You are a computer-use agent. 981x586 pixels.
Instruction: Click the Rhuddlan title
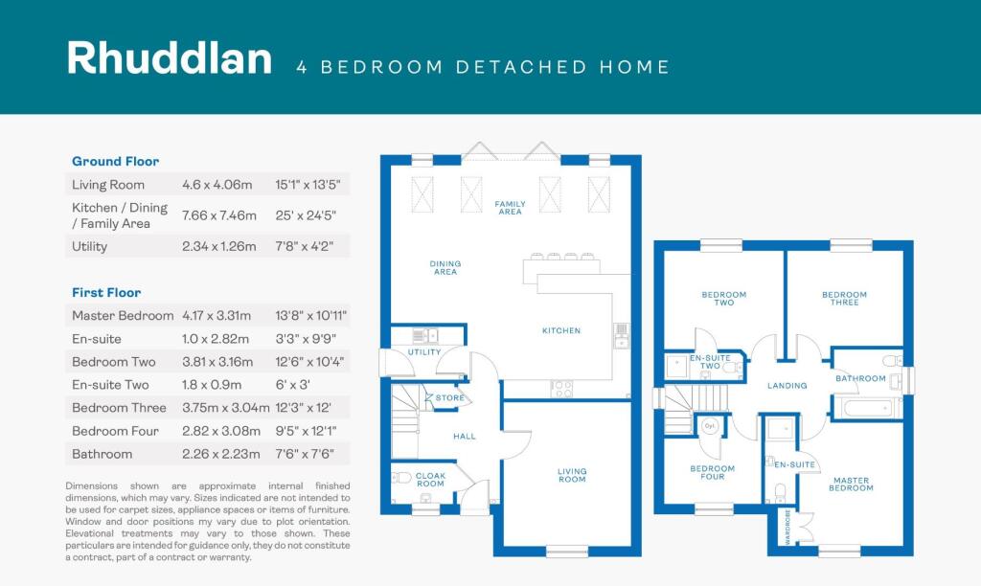tap(169, 59)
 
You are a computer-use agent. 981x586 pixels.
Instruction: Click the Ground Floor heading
tap(116, 162)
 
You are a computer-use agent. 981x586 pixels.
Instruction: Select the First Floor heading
tap(106, 293)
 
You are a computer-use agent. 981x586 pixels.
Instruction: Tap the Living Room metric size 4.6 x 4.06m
tap(217, 185)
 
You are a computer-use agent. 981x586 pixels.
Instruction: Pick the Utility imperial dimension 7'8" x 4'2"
tap(299, 246)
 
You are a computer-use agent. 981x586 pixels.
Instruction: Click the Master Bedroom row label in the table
tap(123, 315)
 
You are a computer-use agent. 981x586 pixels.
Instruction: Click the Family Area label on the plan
tap(510, 208)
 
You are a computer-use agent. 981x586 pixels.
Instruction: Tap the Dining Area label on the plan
tap(445, 268)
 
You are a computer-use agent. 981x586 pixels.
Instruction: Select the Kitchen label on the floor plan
tap(561, 330)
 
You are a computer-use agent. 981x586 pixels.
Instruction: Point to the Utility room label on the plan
tap(424, 352)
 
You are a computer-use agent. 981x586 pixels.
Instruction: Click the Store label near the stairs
tap(450, 398)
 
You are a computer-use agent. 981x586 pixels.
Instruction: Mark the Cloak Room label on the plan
tap(430, 480)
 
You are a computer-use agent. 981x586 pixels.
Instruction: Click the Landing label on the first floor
tap(787, 386)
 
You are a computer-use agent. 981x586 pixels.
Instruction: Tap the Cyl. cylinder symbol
tap(711, 424)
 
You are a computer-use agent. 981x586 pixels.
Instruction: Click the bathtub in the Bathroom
tap(867, 408)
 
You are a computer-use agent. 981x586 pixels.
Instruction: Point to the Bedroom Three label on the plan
tap(844, 299)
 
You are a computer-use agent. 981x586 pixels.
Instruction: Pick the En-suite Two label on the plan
tap(710, 363)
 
